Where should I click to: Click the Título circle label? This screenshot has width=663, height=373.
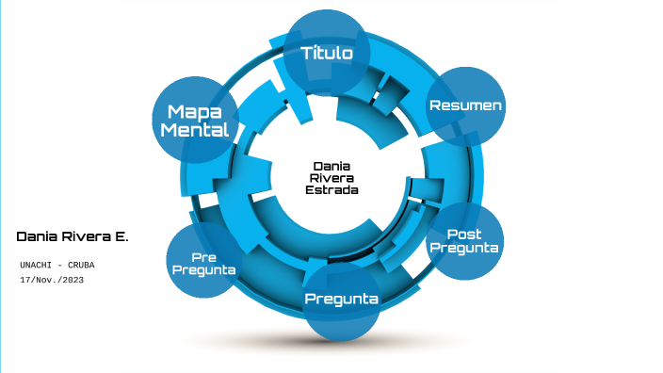pos(327,53)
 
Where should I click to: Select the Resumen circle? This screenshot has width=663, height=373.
pos(465,105)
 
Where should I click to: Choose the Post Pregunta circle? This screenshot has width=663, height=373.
pos(463,241)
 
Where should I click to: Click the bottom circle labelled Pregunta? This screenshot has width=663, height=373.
pos(341,300)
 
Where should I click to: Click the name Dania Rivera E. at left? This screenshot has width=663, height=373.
pos(72,235)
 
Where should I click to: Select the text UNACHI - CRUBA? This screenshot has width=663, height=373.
pos(57,265)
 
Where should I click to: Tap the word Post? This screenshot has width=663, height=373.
pos(463,235)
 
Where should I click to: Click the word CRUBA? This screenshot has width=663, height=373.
pos(80,265)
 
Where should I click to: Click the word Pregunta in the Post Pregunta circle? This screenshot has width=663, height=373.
pos(463,248)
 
